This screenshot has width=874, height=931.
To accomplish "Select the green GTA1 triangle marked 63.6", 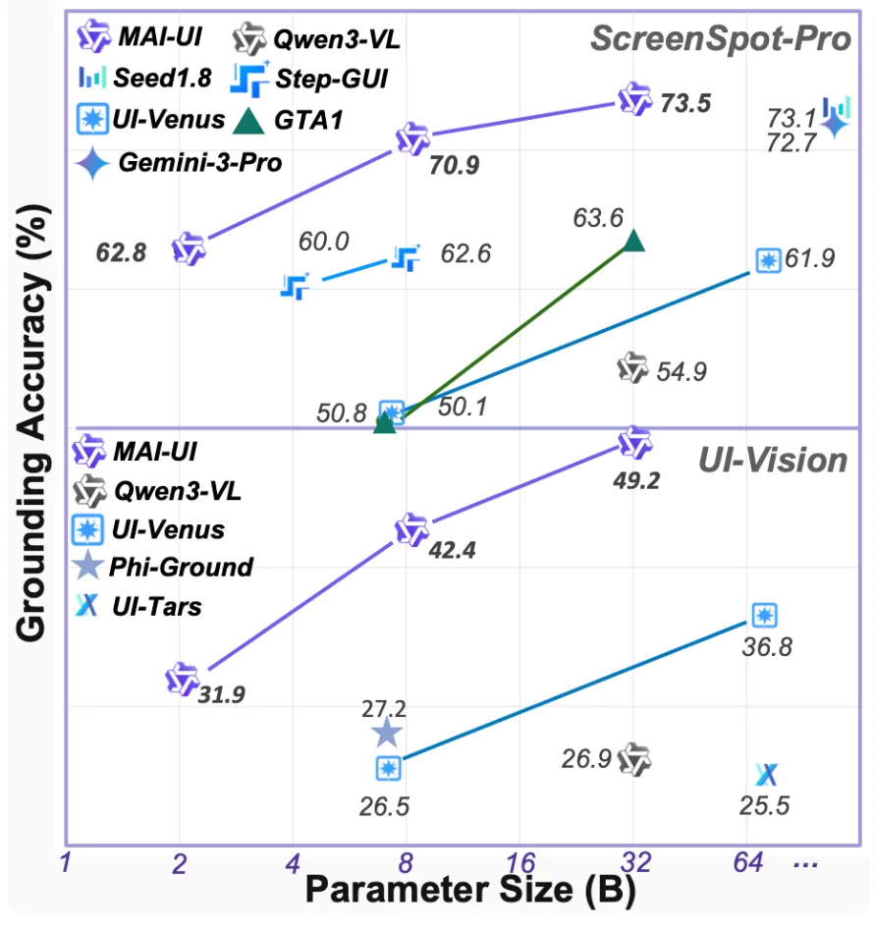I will point(633,241).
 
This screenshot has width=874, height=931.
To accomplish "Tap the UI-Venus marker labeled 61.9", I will point(767,259).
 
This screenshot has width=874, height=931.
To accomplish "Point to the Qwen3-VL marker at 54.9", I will point(633,368).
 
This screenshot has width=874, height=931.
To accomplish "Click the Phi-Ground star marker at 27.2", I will point(386,732).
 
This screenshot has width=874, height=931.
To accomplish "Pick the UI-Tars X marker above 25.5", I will point(767,775).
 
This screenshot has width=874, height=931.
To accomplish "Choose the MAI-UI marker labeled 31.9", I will point(182,679).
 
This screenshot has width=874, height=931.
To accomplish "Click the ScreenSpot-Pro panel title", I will point(719,39).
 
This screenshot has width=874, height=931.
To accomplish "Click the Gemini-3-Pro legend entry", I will point(181,162).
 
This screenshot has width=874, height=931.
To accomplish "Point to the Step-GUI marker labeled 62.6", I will point(405,257).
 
